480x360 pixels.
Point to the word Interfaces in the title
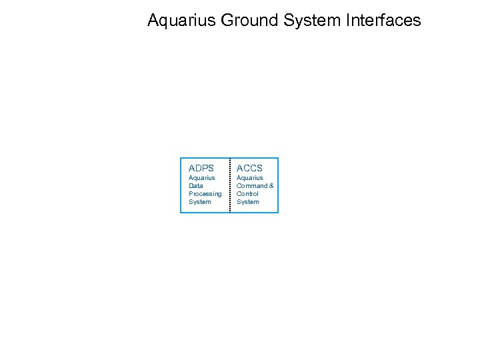coord(384,21)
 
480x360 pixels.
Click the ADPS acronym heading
coord(201,168)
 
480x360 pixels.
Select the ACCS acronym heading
coord(250,168)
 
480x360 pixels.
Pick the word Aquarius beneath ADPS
coord(202,178)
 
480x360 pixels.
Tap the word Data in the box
coord(196,186)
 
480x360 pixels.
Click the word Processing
coord(205,194)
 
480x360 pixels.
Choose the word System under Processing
coord(200,202)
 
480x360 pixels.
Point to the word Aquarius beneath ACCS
coord(250,178)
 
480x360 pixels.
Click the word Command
coord(252,186)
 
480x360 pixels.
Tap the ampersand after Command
coord(271,186)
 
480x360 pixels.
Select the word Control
coord(247,194)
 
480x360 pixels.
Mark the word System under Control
coord(248,202)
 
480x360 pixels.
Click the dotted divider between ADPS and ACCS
coord(229,185)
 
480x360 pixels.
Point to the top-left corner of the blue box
coord(181,158)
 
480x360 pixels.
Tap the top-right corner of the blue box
coord(278,158)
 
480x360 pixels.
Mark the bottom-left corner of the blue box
coord(181,213)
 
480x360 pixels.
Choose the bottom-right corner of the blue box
coord(278,213)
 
